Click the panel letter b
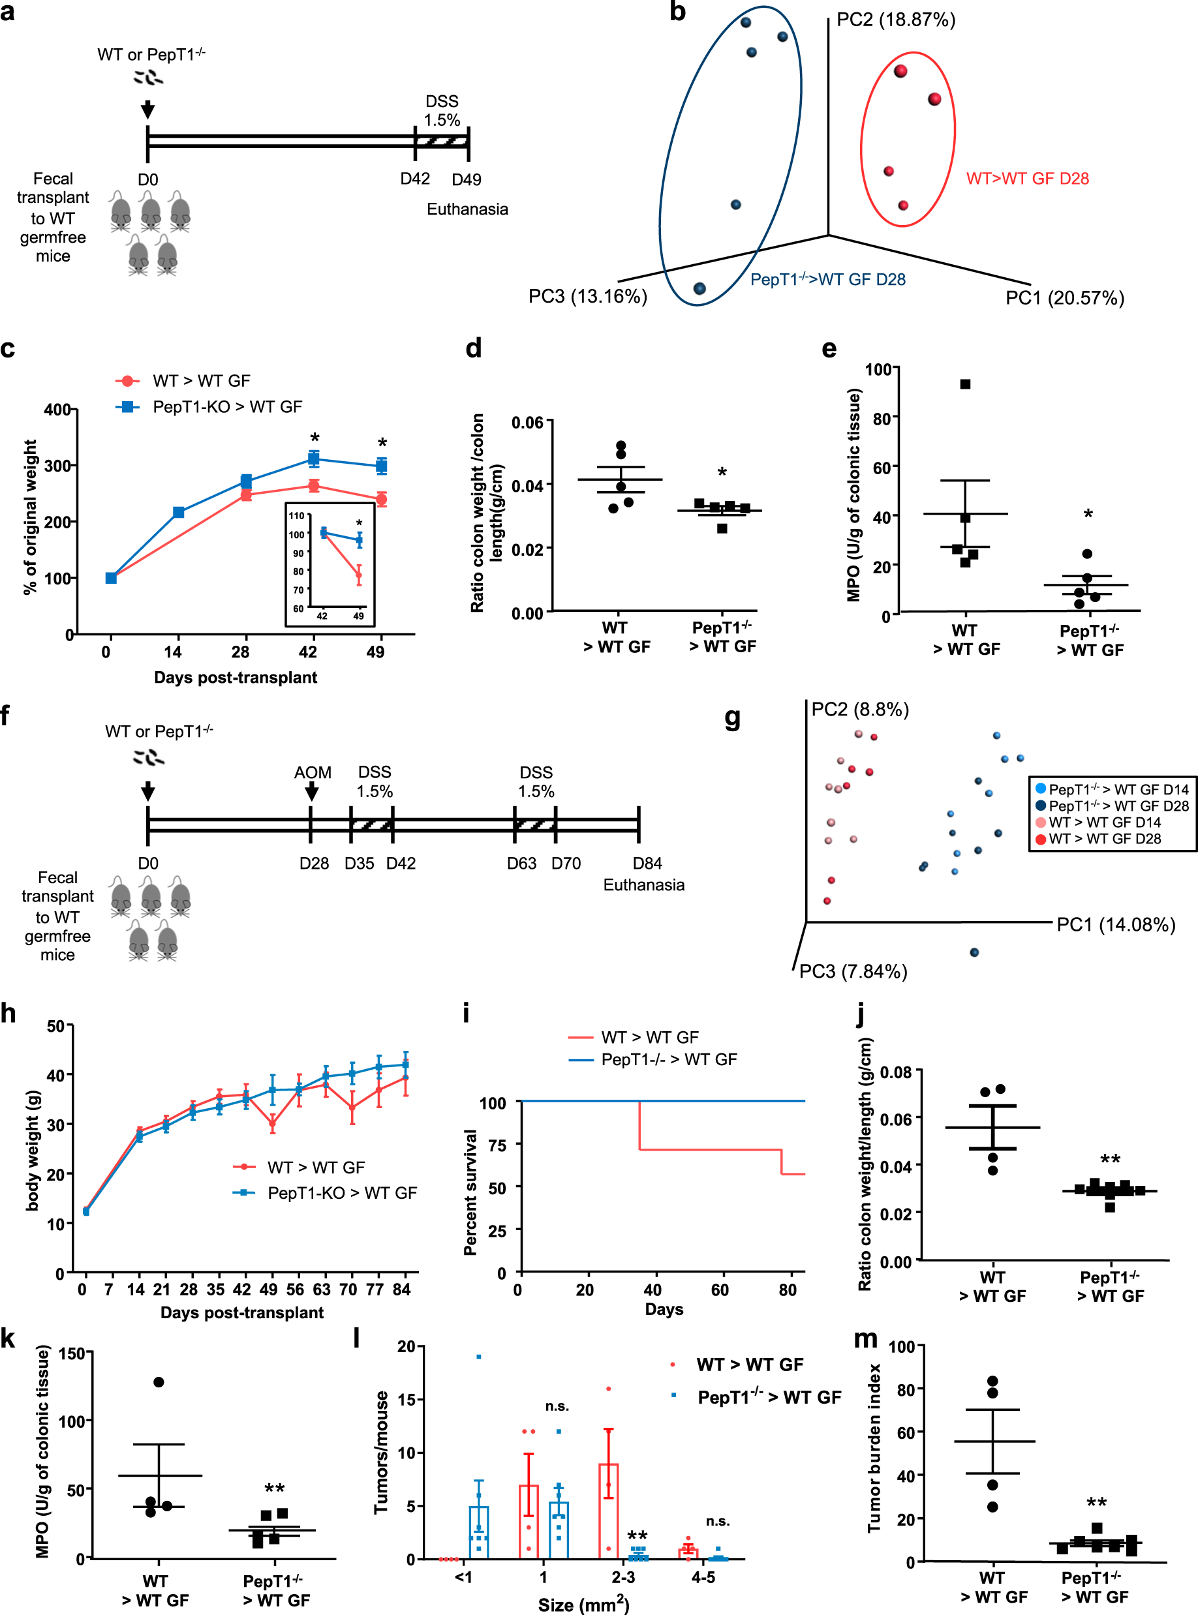(677, 12)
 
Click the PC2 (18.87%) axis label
(896, 20)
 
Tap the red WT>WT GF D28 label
(1027, 178)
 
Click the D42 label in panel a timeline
(415, 178)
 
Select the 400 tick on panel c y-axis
(57, 410)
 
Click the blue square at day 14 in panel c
(178, 513)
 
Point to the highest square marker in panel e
(965, 384)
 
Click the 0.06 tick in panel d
(527, 422)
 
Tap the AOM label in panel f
(313, 773)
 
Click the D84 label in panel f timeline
(647, 864)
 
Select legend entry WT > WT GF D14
(1104, 822)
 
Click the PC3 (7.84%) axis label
(853, 971)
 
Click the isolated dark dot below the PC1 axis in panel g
(974, 952)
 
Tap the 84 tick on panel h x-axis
(401, 1290)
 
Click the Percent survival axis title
(470, 1192)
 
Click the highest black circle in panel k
(159, 1382)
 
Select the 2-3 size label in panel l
(623, 1577)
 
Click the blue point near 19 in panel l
(479, 1356)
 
